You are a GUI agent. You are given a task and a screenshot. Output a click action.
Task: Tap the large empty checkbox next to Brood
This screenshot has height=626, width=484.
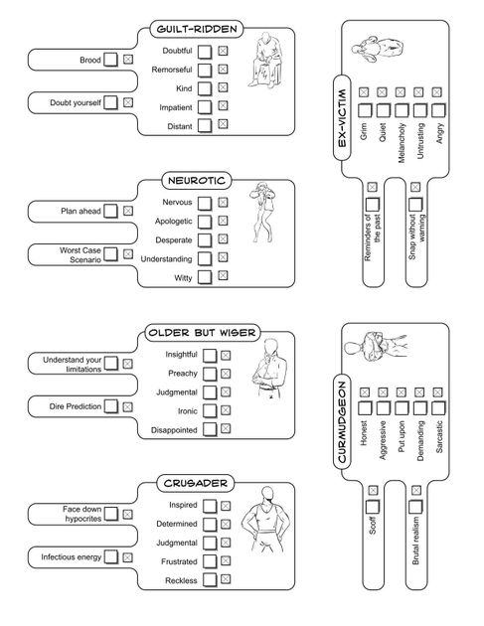110,61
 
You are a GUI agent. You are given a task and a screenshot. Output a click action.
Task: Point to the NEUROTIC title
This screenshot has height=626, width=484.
197,181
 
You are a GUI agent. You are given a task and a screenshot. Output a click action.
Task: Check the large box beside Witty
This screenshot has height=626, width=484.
204,278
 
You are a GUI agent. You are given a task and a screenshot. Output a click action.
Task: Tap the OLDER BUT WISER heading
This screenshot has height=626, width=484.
196,332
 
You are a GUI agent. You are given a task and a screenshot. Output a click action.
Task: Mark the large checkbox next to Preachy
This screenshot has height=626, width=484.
204,374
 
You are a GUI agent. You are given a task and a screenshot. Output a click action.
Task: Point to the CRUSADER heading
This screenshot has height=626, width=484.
195,483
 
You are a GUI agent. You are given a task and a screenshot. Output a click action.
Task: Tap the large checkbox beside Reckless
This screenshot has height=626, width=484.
204,580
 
